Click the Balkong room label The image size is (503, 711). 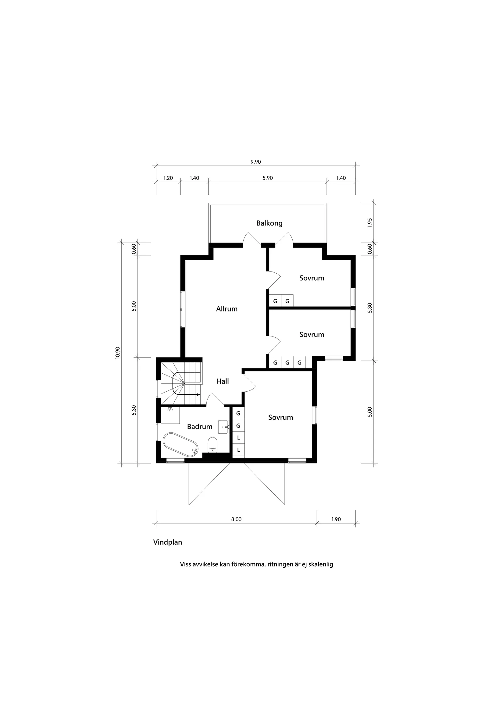269,223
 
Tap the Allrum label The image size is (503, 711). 227,309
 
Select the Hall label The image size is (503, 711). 222,381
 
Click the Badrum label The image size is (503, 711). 199,427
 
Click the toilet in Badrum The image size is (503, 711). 212,443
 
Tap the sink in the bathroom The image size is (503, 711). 223,427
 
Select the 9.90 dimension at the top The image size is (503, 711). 256,162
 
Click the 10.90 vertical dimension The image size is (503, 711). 117,352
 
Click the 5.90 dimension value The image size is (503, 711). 268,178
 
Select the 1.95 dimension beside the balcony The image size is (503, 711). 369,223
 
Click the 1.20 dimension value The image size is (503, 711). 168,178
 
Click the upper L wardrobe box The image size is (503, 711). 238,438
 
